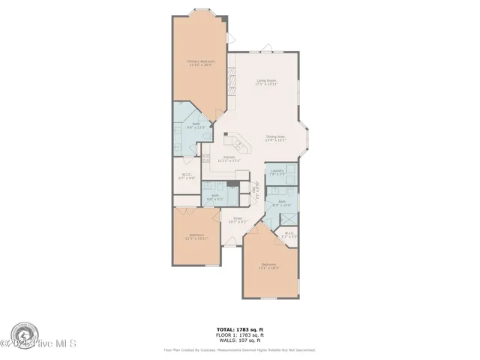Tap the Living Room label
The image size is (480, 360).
267,82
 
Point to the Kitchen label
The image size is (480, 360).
228,159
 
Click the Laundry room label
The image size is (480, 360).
277,172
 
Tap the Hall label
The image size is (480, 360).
256,187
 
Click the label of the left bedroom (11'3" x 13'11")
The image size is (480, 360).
196,237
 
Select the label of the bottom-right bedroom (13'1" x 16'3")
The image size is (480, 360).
269,265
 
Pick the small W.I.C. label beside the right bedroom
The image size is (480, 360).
289,235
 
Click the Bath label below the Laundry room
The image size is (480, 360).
283,202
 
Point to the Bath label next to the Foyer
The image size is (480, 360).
214,197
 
